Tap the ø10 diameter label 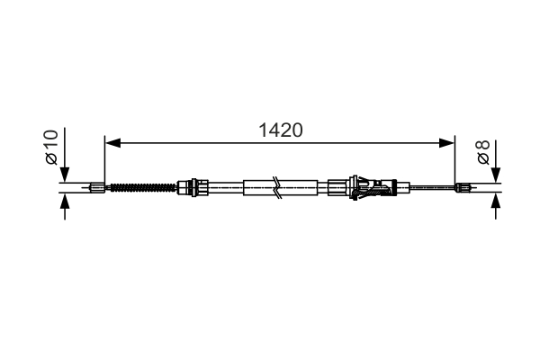click(x=51, y=146)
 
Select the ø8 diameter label click(x=483, y=152)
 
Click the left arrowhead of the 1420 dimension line click(x=112, y=141)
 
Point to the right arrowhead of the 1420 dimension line click(x=447, y=141)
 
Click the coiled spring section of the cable click(x=141, y=188)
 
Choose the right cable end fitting click(x=464, y=188)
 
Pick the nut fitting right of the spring click(x=189, y=188)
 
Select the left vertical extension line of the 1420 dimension click(x=105, y=162)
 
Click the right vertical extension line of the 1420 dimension click(x=455, y=162)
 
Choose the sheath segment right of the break click(x=301, y=188)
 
